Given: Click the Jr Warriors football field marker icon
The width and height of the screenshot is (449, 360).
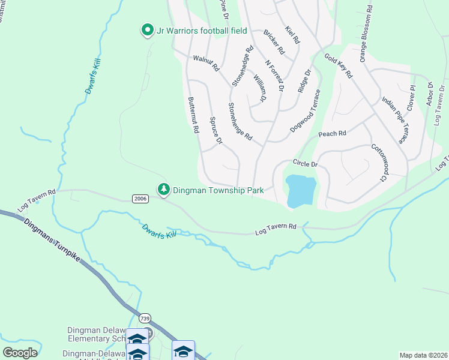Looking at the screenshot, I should (x=146, y=29).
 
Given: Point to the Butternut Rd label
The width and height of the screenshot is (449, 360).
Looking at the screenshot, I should (x=193, y=116).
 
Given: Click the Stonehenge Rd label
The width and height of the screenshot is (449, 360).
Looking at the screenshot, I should (x=240, y=122).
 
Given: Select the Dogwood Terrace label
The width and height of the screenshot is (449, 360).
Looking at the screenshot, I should (x=304, y=111).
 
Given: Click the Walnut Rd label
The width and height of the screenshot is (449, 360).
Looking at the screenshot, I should (x=206, y=64).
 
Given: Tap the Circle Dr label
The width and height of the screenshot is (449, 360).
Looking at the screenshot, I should (x=304, y=163).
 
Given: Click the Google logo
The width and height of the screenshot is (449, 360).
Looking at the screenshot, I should (x=20, y=352).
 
